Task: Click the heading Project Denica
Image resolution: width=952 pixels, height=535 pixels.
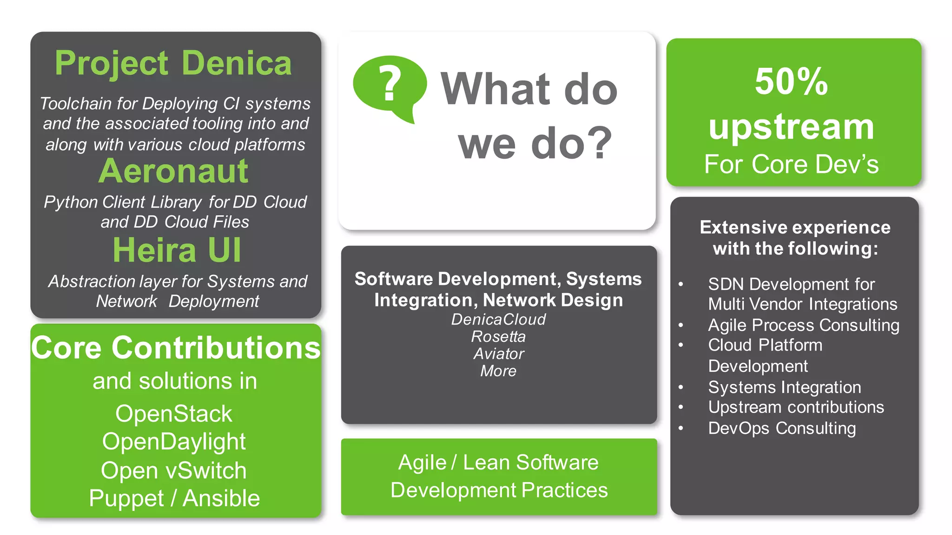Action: (173, 63)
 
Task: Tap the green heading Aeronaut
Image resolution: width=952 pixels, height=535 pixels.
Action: (173, 171)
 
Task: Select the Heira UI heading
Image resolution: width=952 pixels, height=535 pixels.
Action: (177, 250)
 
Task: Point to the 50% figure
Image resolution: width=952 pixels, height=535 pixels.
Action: (791, 82)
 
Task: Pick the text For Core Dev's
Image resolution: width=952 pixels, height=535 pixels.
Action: (791, 164)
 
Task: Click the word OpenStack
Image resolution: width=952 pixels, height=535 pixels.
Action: (173, 414)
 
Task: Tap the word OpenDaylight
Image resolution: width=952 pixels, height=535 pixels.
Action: (174, 442)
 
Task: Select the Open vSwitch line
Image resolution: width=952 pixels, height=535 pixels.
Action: (173, 470)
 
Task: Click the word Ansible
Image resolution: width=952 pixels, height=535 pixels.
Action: (221, 499)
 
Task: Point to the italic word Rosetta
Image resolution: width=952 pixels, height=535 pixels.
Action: (498, 337)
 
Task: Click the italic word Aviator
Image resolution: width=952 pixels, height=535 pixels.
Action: (498, 354)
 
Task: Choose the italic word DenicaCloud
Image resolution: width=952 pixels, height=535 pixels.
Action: (498, 320)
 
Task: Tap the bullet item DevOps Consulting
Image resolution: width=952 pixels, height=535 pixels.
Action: (781, 428)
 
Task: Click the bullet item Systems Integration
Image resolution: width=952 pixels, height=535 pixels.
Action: (784, 387)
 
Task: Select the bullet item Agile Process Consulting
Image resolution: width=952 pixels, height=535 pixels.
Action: (803, 325)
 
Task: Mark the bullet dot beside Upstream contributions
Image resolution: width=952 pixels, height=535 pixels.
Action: (681, 407)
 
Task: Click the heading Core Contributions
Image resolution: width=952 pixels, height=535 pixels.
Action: (176, 348)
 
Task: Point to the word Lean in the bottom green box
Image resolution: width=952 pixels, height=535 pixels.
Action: (487, 463)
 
